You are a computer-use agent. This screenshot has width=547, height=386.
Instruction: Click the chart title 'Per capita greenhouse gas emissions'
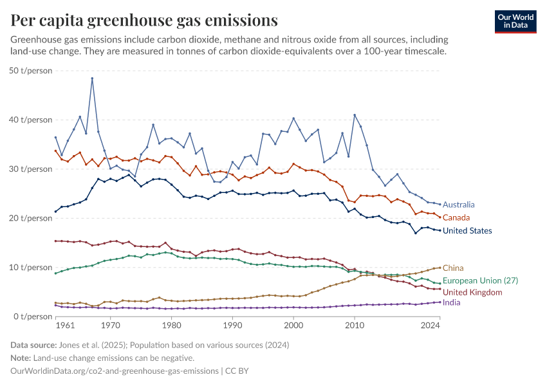click(x=145, y=21)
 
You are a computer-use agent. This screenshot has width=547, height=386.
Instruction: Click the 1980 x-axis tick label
click(x=171, y=326)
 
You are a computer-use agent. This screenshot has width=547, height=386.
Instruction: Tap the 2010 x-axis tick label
click(x=355, y=326)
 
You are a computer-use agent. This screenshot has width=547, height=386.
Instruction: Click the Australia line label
click(x=459, y=205)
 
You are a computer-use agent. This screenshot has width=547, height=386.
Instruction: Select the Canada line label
click(x=456, y=217)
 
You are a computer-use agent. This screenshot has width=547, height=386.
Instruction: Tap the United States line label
click(x=467, y=230)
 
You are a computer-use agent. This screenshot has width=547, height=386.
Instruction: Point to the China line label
click(x=453, y=268)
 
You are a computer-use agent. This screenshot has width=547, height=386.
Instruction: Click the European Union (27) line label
click(x=480, y=280)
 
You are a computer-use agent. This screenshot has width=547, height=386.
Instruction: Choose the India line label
click(x=452, y=302)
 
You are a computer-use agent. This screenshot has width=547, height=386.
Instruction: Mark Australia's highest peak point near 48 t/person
click(x=92, y=78)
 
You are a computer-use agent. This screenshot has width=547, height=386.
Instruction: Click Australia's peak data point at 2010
click(x=355, y=115)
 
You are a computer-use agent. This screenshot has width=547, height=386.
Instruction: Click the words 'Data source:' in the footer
click(x=33, y=345)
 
